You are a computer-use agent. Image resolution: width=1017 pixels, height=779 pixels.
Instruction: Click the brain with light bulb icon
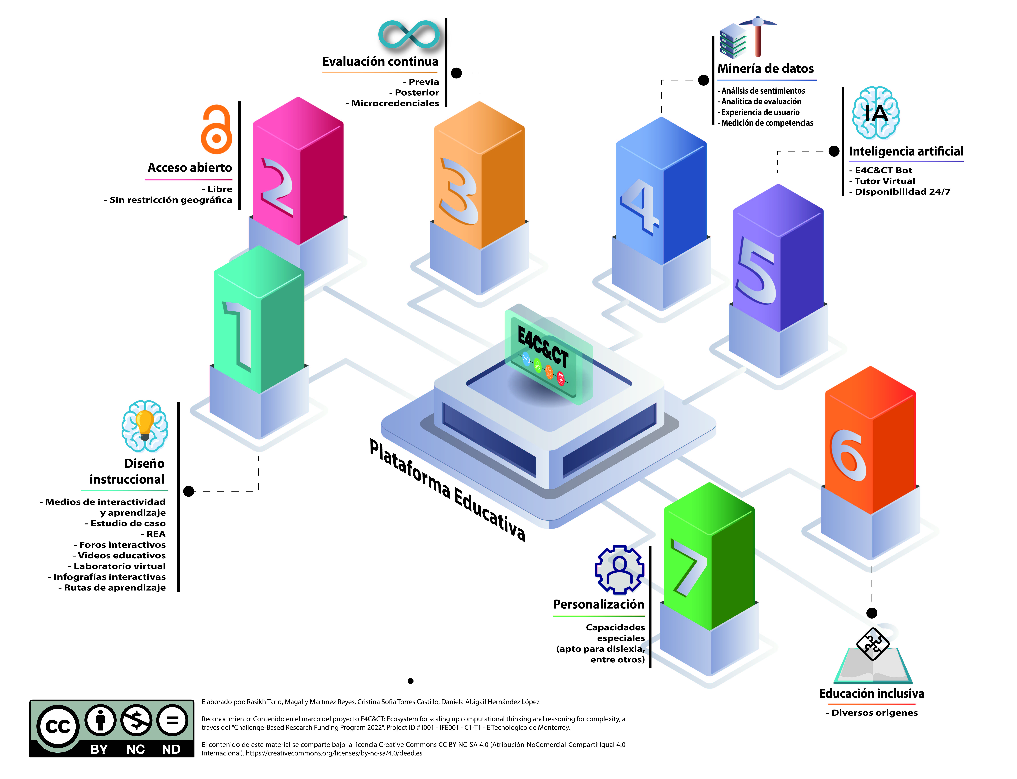click(145, 426)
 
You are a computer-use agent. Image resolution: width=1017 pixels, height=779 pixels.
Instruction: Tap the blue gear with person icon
click(620, 569)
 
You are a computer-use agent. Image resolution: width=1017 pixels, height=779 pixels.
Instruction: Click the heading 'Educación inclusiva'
click(871, 694)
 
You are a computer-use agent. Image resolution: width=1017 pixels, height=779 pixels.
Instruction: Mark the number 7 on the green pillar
click(689, 567)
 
